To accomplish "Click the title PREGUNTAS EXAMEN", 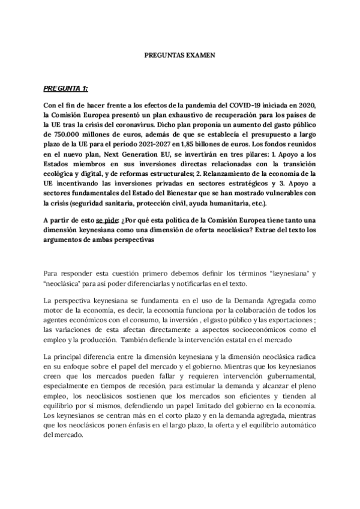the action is coord(180,54).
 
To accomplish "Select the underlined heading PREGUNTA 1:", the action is coord(65,88).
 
